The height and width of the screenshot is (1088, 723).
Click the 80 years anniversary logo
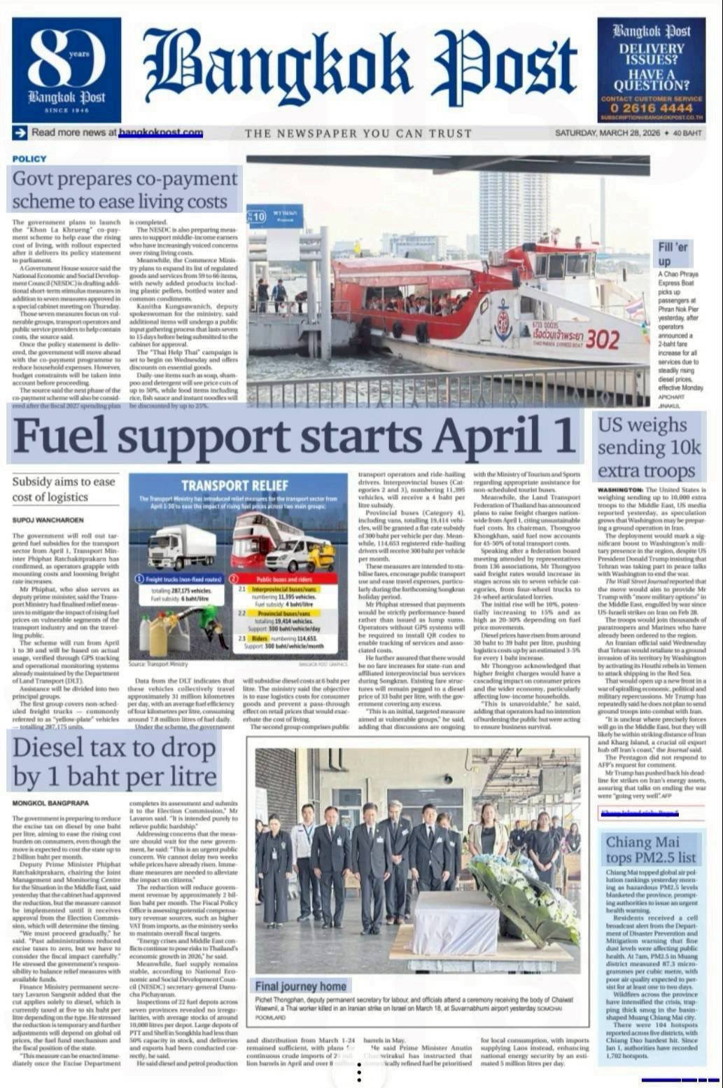pyautogui.click(x=66, y=69)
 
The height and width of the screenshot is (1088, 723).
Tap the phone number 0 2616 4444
pyautogui.click(x=651, y=108)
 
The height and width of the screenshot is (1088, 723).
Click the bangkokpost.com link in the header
pyautogui.click(x=161, y=132)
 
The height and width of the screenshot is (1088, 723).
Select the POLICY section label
pyautogui.click(x=29, y=159)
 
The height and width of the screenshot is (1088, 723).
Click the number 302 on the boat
pyautogui.click(x=603, y=340)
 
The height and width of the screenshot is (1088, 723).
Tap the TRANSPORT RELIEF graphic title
pyautogui.click(x=234, y=486)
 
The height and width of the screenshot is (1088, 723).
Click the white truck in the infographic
pyautogui.click(x=182, y=546)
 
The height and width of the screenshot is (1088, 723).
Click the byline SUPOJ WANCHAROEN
pyautogui.click(x=48, y=520)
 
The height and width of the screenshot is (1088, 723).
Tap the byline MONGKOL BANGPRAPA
pyautogui.click(x=51, y=803)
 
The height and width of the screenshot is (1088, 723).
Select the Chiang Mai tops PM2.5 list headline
pyautogui.click(x=651, y=850)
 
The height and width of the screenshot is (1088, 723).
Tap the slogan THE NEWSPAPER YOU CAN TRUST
pyautogui.click(x=358, y=133)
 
